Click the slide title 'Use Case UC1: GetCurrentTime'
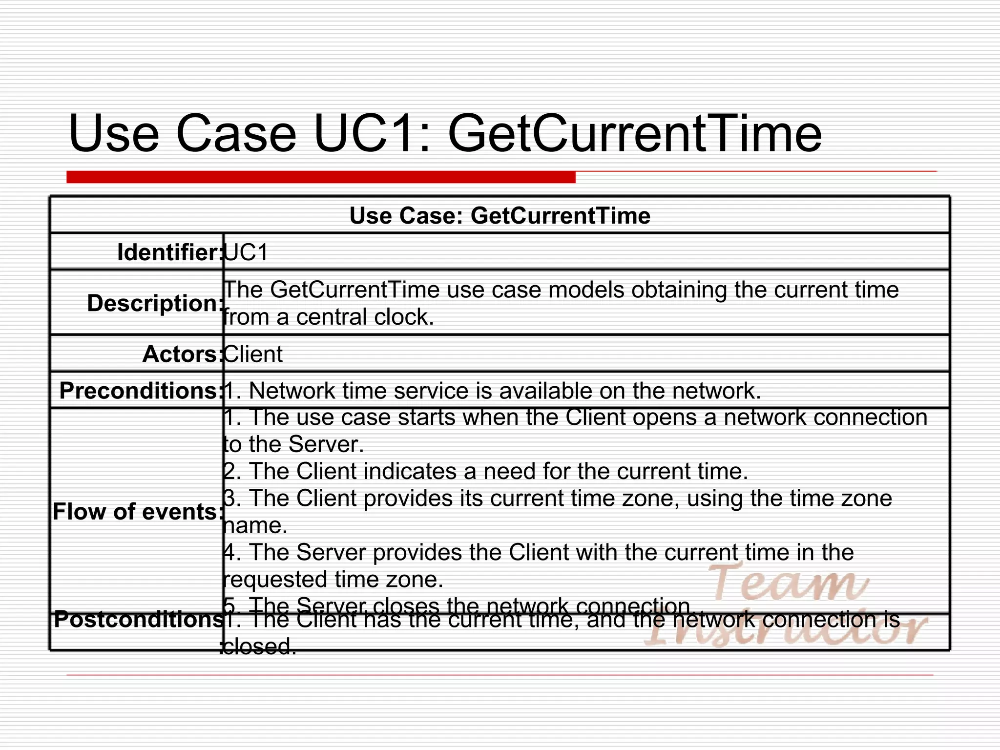[445, 133]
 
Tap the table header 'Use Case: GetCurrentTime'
[500, 215]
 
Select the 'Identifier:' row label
[169, 252]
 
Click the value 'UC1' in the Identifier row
[247, 252]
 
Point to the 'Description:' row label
[155, 303]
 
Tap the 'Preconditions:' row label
[140, 391]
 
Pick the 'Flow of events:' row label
[137, 512]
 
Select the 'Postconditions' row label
[138, 620]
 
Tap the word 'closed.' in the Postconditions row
[259, 647]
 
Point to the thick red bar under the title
[321, 177]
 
